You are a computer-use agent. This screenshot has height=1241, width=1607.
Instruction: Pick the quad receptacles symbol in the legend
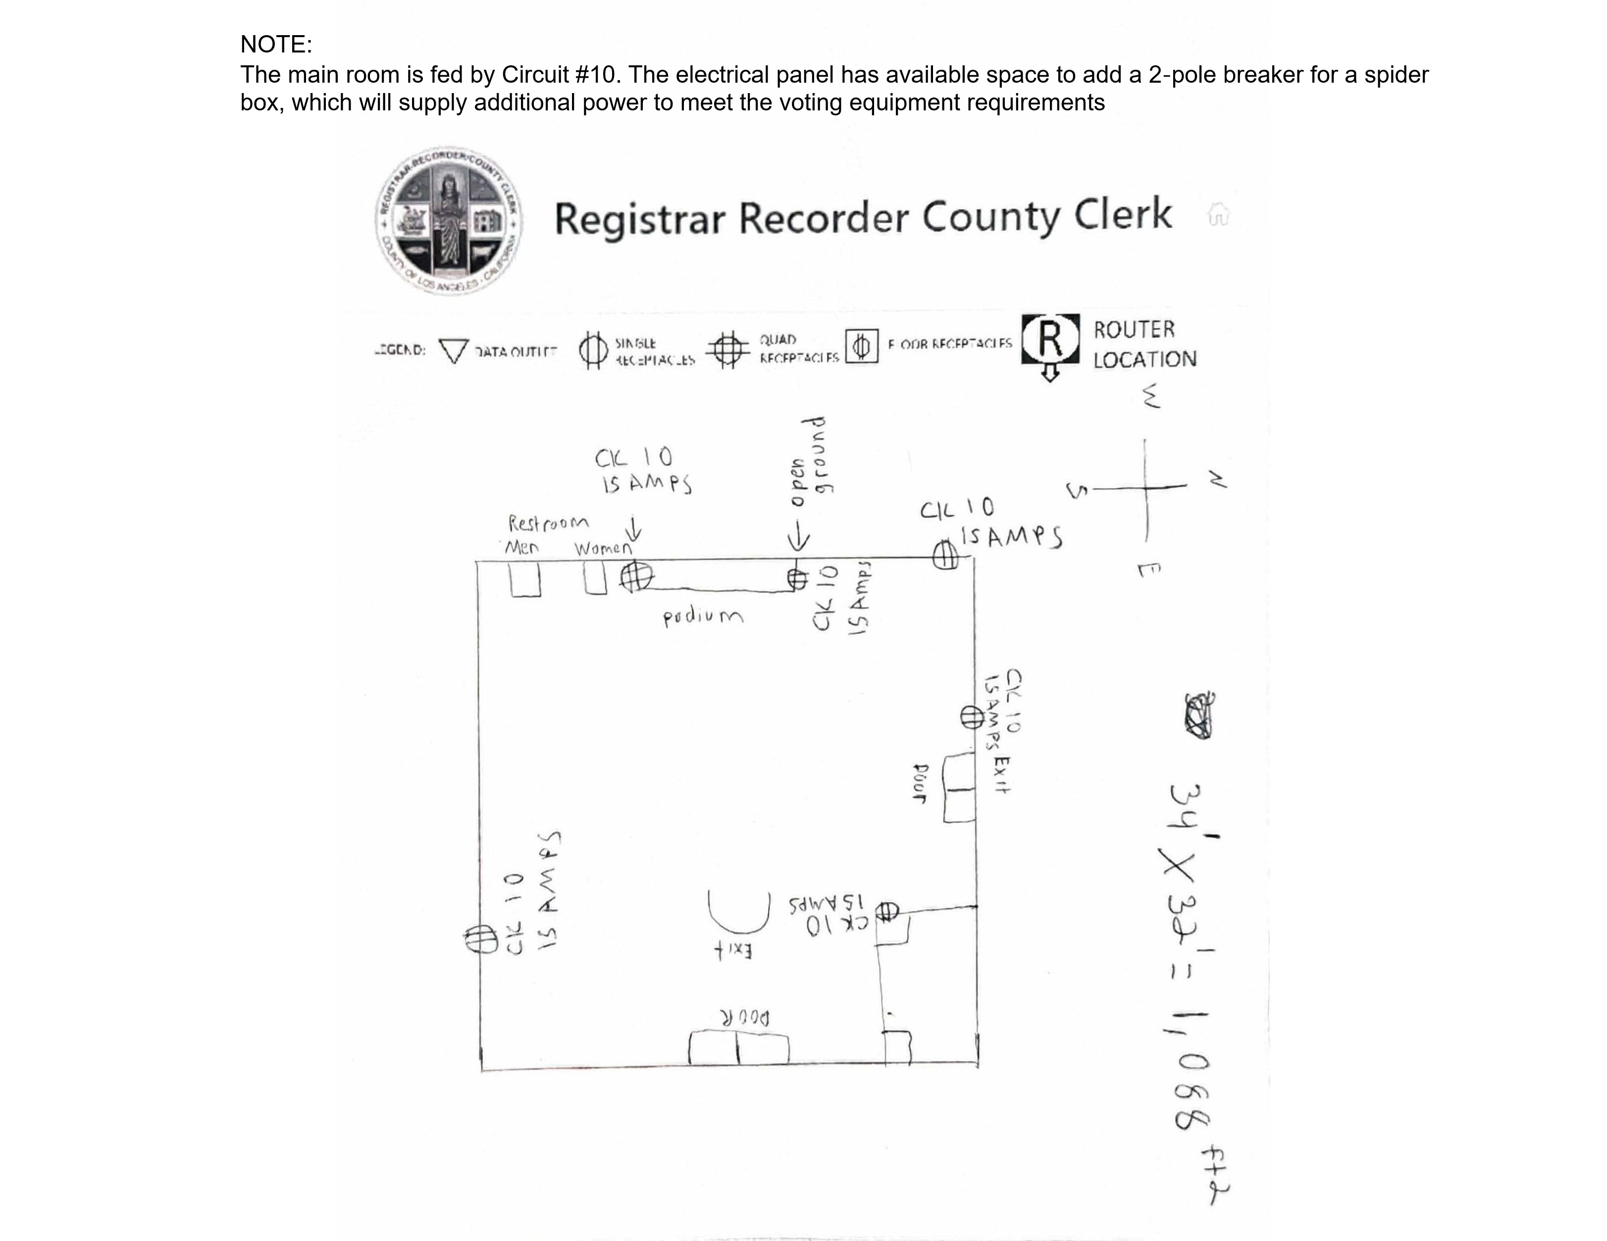(x=727, y=349)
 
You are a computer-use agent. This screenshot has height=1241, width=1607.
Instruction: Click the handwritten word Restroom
(x=548, y=523)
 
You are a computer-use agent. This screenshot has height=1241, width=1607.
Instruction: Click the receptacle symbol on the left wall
(x=480, y=939)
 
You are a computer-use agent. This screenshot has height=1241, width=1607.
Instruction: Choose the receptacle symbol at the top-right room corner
(x=945, y=555)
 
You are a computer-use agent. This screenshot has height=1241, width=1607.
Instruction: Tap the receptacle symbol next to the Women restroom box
(x=636, y=576)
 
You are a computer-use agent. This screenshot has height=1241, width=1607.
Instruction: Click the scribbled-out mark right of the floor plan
(x=1199, y=716)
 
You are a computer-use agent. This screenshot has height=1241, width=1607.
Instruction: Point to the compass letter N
(x=1217, y=480)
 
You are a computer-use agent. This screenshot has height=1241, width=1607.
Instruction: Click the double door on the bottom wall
(x=739, y=1048)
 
